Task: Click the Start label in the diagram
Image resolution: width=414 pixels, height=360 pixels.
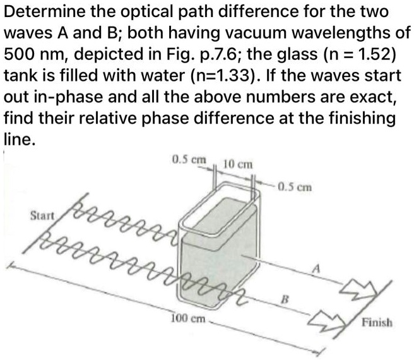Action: click(x=44, y=215)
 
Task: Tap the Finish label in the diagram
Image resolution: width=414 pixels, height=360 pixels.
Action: click(x=377, y=323)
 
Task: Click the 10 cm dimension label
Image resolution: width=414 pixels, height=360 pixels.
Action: click(x=240, y=164)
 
